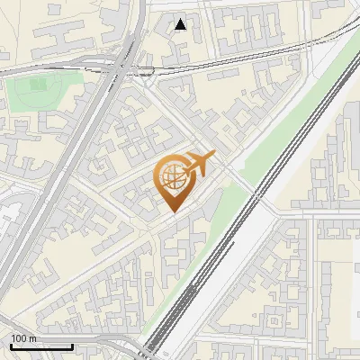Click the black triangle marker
tap(181, 24)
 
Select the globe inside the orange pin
tap(171, 177)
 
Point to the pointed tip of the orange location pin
tap(171, 211)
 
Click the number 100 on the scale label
tap(18, 339)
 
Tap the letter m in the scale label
tap(31, 339)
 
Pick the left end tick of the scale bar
tap(11, 346)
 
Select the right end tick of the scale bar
tap(72, 346)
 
